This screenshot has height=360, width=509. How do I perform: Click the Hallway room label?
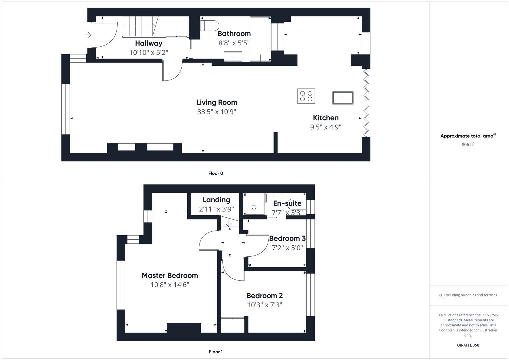coord(149,43)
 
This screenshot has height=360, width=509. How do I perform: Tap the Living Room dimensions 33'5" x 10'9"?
coord(217,112)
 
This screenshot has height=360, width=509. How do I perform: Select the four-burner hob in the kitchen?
coord(306,96)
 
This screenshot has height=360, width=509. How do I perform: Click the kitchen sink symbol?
coord(343,98)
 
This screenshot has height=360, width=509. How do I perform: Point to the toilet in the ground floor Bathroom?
coord(210,26)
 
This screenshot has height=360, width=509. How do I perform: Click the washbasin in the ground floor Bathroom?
coord(233,56)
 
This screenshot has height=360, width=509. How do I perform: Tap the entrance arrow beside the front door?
coord(88,35)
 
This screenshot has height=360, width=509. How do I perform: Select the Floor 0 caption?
coord(216,173)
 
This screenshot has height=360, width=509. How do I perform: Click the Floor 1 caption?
coord(216,352)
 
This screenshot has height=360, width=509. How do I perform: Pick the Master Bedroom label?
coord(170,275)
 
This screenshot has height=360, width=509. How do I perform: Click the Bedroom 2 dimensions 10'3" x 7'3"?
coord(265,305)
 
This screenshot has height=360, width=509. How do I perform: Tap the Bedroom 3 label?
coord(287,238)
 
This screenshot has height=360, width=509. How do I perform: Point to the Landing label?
coord(216,200)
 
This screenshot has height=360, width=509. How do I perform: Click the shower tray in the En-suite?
coord(254,204)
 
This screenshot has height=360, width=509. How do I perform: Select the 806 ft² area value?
coord(468,145)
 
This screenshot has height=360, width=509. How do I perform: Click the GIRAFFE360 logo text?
coord(468,345)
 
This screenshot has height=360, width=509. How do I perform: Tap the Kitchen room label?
coord(326,118)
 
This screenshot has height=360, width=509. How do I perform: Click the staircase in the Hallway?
coord(141,27)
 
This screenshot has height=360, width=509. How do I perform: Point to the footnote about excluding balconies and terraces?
coord(468,295)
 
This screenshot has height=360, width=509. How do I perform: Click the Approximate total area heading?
coord(468,136)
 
